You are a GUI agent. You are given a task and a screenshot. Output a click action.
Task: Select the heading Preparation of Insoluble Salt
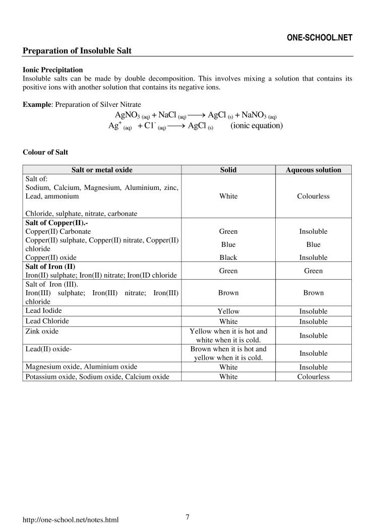78,51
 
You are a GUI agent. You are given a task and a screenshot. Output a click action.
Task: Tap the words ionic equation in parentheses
257,125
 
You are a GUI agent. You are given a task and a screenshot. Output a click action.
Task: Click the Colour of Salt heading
45,152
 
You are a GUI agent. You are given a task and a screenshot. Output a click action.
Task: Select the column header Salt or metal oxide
102,170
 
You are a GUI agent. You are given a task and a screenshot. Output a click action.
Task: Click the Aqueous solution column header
313,170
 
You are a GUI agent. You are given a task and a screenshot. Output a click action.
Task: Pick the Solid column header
228,170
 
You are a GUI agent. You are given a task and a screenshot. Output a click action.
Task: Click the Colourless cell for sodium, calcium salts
313,196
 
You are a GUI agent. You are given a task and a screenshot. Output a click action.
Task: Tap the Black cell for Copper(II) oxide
228,257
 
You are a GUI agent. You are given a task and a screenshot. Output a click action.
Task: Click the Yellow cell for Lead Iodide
228,311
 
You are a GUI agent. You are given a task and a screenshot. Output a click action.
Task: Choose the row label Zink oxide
42,331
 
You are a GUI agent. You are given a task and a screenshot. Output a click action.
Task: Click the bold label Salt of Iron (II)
50,266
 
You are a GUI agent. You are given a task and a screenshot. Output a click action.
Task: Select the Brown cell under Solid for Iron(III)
228,293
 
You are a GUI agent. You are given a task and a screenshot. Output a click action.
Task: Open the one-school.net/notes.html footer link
71,519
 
